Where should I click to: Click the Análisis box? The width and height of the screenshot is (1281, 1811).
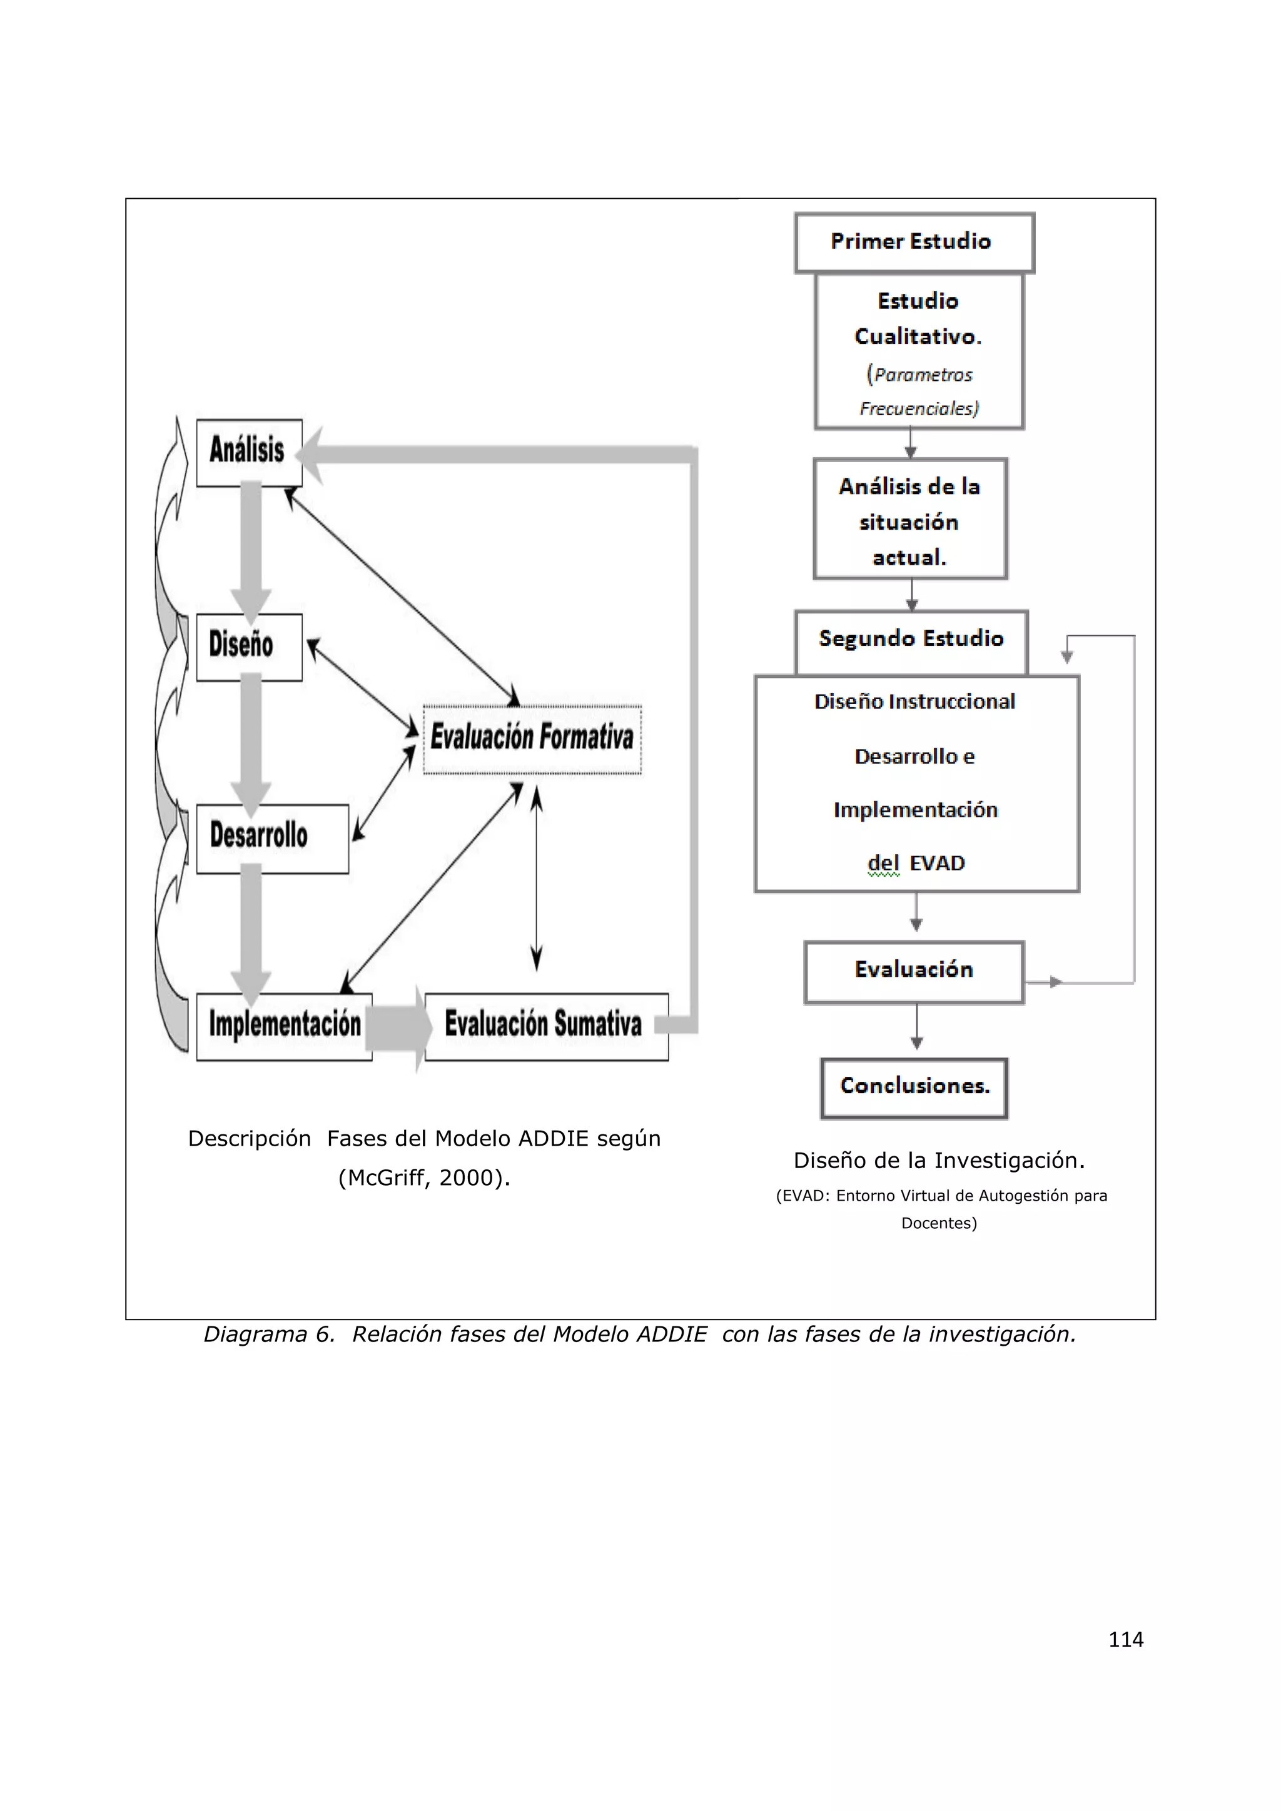point(248,453)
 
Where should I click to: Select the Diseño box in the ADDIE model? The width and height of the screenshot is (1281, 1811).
point(248,647)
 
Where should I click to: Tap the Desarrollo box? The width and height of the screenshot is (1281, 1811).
point(271,839)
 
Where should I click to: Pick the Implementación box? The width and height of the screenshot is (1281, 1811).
point(284,1026)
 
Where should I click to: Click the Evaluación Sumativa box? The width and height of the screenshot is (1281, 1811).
point(546,1026)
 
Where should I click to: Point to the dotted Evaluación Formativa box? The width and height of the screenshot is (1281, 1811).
point(532,739)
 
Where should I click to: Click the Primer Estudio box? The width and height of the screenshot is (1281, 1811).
point(913,242)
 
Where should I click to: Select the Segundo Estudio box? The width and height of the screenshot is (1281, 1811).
point(911,640)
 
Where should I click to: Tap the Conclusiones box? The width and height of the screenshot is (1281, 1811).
point(914,1087)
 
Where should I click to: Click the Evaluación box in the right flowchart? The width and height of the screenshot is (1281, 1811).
point(913,971)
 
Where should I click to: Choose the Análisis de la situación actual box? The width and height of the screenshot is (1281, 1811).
point(910,520)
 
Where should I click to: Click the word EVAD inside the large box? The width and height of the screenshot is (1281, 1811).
point(937,864)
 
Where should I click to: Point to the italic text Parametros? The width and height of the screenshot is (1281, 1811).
point(923,375)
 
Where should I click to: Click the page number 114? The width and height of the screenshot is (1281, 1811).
point(1126,1640)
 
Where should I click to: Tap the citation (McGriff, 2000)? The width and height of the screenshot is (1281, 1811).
point(424,1178)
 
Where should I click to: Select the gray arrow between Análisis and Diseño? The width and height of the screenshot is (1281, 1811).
point(251,552)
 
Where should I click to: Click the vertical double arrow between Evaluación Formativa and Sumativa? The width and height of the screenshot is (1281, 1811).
point(537,879)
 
